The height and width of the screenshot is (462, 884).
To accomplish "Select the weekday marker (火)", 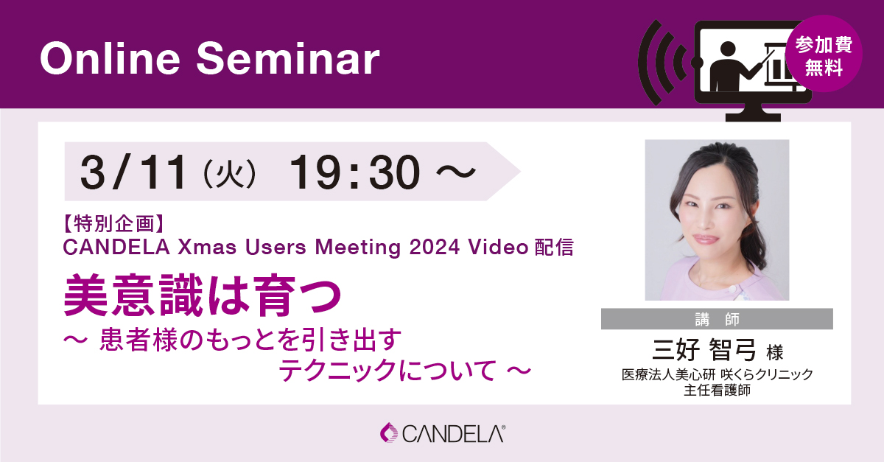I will click(231, 174).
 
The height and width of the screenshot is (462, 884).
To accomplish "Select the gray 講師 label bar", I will click(717, 319).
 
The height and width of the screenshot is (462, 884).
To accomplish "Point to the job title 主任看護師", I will click(717, 391).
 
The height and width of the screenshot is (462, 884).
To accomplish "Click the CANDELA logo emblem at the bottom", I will click(388, 433).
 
